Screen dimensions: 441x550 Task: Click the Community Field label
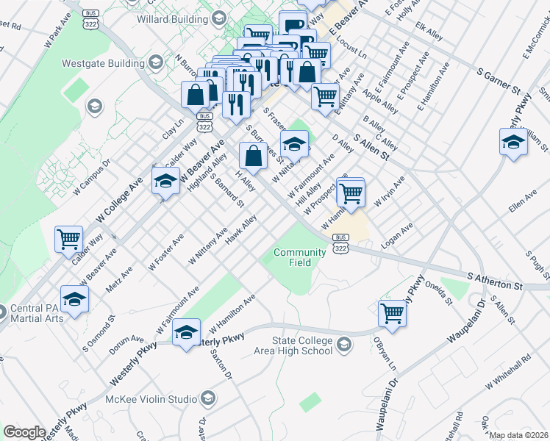click(299, 257)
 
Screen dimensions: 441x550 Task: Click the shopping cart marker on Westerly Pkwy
click(393, 313)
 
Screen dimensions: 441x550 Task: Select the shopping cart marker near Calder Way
click(68, 238)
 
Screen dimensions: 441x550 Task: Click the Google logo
click(24, 432)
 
